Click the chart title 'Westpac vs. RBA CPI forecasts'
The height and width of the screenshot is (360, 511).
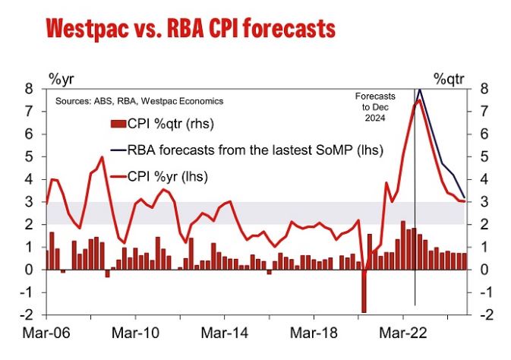pyautogui.click(x=190, y=30)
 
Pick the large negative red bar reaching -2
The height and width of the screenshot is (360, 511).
pyautogui.click(x=364, y=291)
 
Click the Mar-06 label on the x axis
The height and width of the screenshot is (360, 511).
pyautogui.click(x=47, y=332)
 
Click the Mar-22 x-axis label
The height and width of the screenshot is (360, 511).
pyautogui.click(x=402, y=332)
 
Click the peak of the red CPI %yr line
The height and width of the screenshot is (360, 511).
pyautogui.click(x=417, y=100)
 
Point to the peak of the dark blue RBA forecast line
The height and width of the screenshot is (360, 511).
pyautogui.click(x=420, y=90)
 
